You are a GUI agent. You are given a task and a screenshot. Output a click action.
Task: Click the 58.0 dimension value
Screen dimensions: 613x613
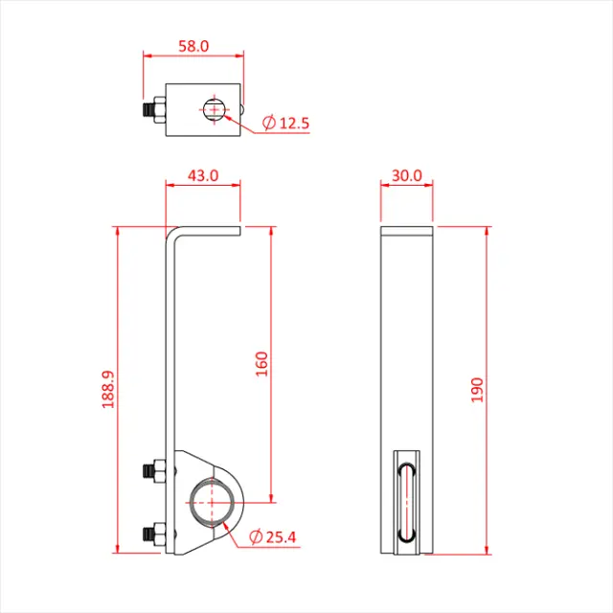tap(195, 45)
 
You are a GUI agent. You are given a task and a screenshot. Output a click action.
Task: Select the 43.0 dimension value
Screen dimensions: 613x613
tap(202, 175)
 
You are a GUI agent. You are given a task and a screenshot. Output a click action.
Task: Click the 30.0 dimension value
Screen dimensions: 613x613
tap(407, 175)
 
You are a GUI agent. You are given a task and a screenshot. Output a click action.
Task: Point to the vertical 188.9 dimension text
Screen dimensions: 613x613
tap(107, 391)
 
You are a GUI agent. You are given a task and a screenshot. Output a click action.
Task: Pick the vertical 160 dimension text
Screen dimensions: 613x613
tap(261, 364)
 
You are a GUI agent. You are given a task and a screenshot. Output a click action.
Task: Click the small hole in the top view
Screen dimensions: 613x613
tap(214, 109)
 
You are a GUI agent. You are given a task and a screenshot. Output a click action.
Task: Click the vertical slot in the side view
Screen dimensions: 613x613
tap(407, 501)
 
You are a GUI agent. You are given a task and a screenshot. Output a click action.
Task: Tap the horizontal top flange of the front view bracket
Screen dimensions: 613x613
tap(211, 229)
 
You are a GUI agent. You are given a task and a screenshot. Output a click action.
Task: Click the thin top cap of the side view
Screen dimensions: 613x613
tap(408, 231)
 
